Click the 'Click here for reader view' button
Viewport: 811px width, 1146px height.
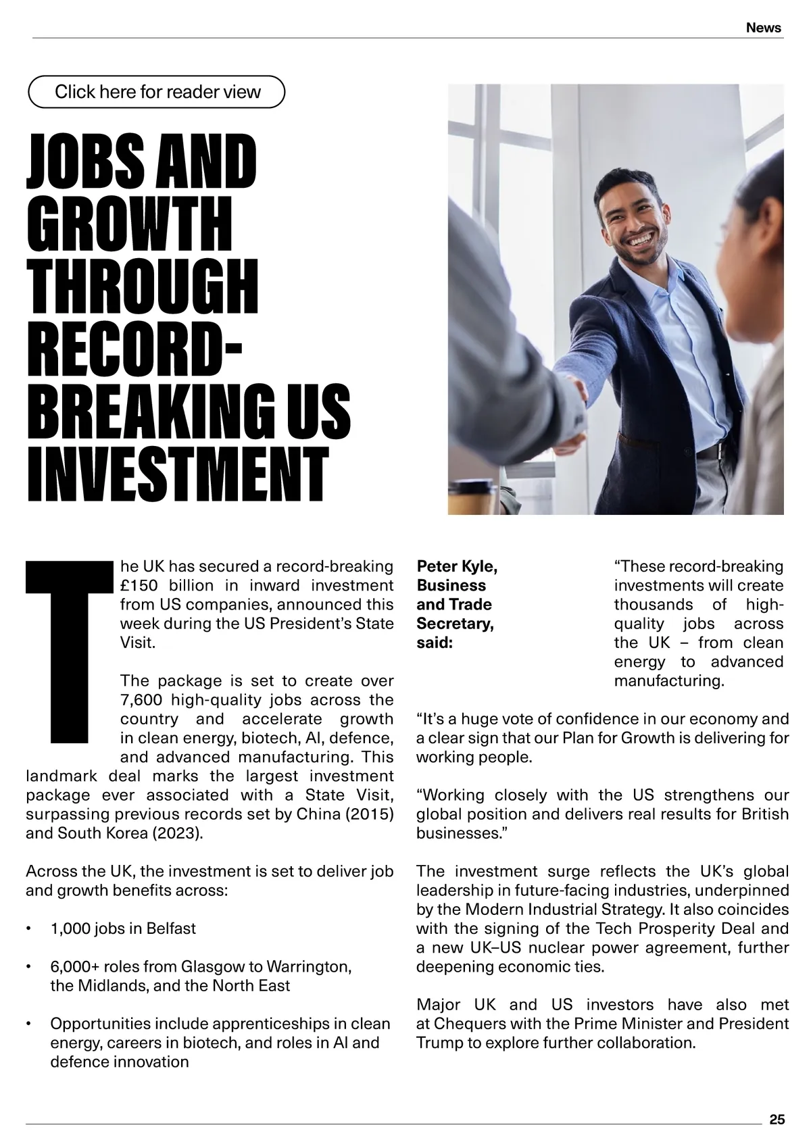pos(157,92)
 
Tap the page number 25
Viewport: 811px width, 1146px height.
pos(777,1120)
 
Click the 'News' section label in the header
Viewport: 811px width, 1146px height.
pos(764,28)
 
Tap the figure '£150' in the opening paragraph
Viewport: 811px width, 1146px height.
pos(141,585)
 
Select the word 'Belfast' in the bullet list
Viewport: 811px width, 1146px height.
pos(171,928)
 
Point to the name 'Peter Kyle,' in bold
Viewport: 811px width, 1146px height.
pos(457,566)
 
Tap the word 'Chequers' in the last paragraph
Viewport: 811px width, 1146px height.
pos(467,1024)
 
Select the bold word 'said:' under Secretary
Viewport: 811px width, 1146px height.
pos(435,643)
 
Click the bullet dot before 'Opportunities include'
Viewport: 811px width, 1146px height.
pos(28,1024)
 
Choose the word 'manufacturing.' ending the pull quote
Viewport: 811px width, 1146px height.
pos(668,680)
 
